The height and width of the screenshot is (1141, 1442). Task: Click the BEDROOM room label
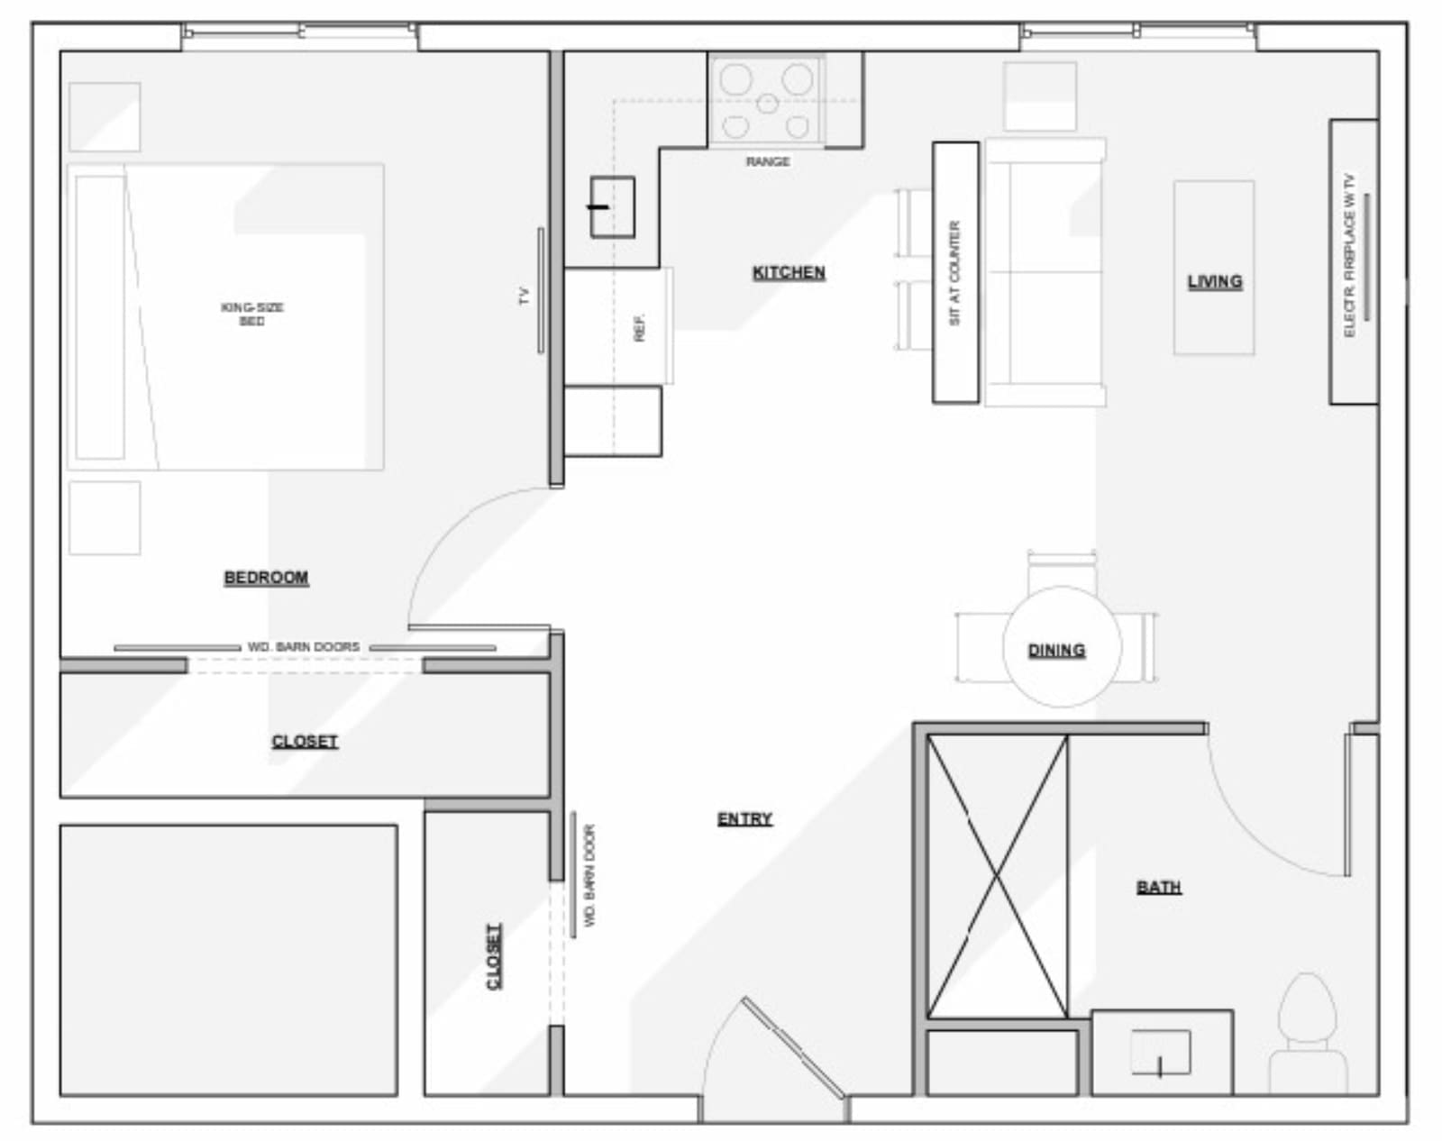click(266, 578)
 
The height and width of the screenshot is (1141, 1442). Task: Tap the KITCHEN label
click(789, 273)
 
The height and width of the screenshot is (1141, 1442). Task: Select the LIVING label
click(1215, 282)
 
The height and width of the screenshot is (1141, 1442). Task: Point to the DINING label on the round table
click(1056, 651)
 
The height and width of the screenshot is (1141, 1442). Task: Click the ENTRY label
click(744, 818)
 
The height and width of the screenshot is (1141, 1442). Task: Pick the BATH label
click(1159, 888)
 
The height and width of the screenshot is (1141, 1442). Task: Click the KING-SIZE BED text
click(252, 315)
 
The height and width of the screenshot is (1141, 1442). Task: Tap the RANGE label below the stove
click(768, 161)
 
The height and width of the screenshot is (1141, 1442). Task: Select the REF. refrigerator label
click(639, 328)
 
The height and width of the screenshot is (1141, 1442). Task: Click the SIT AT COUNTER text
click(954, 273)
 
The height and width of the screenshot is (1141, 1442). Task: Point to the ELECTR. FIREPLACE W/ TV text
click(1349, 255)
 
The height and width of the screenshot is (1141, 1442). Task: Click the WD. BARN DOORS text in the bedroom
click(304, 646)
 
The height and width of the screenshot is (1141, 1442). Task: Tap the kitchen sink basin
click(613, 207)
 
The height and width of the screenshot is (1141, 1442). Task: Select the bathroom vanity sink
click(1161, 1052)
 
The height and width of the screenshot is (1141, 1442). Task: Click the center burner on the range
click(767, 104)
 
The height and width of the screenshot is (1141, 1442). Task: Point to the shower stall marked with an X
click(997, 876)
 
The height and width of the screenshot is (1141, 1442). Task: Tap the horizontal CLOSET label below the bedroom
click(305, 742)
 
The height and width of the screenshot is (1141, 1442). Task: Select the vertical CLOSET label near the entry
click(494, 956)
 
